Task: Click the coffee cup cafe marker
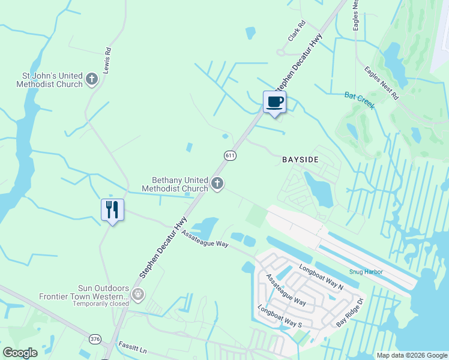274,103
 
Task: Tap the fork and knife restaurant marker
112,210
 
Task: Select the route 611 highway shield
230,155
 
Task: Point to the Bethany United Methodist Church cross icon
217,184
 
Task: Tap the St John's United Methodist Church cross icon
92,79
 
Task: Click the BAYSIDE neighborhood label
300,160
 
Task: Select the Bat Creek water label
360,100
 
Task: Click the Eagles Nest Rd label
382,83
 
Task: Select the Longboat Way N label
321,278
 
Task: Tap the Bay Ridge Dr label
350,313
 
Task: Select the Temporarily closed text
101,304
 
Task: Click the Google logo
20,352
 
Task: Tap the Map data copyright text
412,355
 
